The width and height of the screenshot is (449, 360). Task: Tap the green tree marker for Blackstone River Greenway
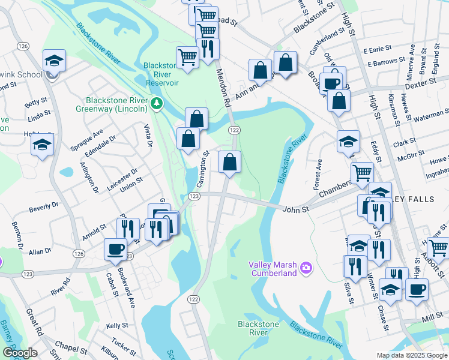tap(157, 104)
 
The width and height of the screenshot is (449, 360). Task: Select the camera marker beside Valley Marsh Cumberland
tap(306, 266)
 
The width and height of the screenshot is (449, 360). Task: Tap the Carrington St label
tap(203, 167)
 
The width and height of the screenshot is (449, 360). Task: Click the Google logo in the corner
tap(20, 353)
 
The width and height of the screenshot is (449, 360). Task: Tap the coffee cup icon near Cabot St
tap(115, 249)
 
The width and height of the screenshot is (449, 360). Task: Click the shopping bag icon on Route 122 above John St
tap(229, 161)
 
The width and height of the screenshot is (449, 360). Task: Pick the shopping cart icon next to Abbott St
tap(438, 247)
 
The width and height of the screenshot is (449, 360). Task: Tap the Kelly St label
tap(113, 325)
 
